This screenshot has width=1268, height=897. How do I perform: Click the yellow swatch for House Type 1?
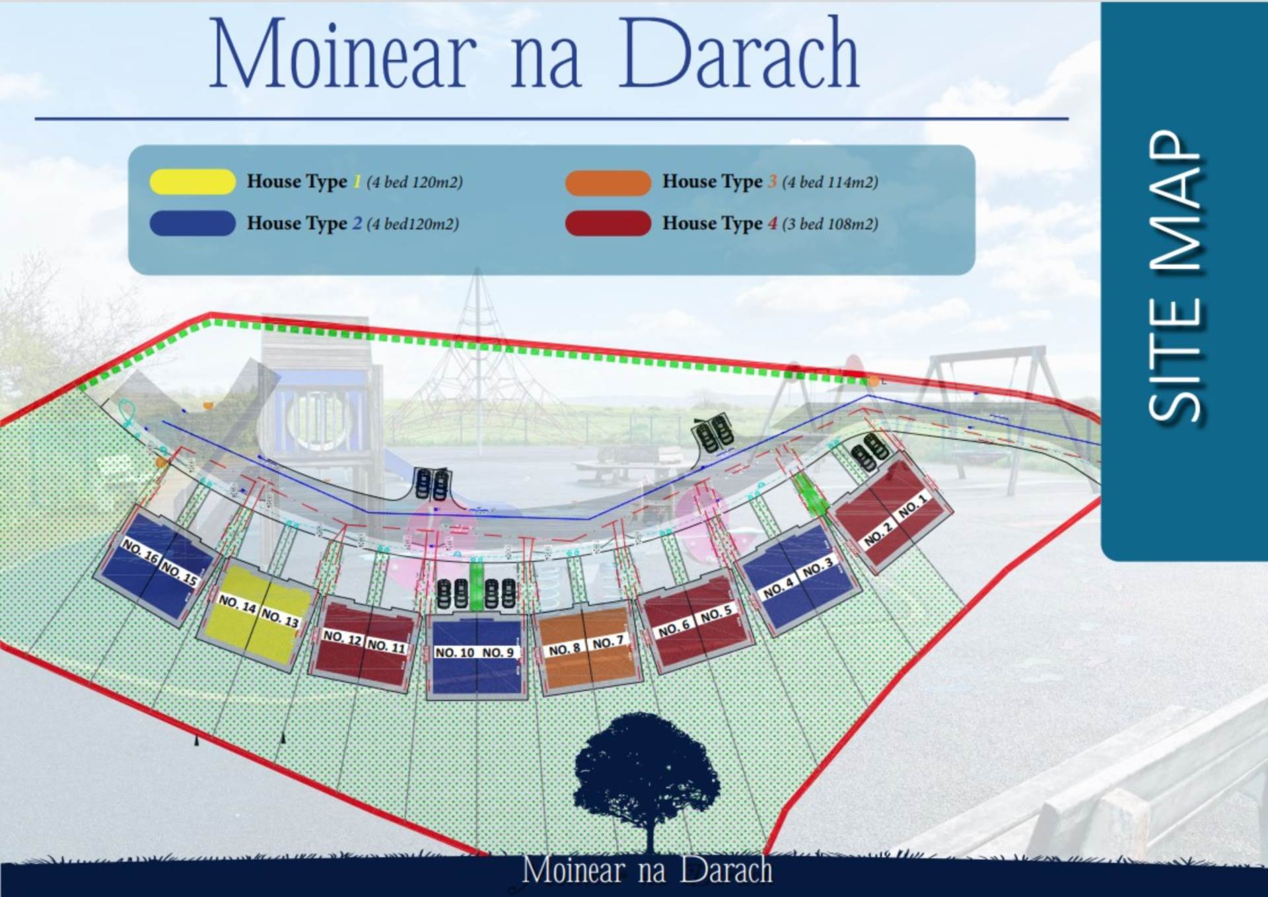pyautogui.click(x=192, y=182)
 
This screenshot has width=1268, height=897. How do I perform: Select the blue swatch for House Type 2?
pyautogui.click(x=192, y=223)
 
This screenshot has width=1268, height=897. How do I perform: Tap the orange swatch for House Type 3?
pyautogui.click(x=608, y=182)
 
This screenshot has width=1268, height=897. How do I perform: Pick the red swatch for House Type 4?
pyautogui.click(x=608, y=223)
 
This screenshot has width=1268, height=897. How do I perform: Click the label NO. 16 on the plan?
pyautogui.click(x=140, y=550)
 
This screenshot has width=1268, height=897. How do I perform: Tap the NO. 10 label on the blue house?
pyautogui.click(x=454, y=653)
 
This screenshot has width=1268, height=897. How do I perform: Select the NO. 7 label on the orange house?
pyautogui.click(x=608, y=642)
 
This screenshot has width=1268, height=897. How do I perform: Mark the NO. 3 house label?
pyautogui.click(x=818, y=567)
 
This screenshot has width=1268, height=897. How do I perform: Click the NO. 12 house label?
pyautogui.click(x=342, y=637)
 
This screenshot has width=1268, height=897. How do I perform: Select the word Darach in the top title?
pyautogui.click(x=738, y=54)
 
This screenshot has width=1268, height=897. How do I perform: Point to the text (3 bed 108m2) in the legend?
pyautogui.click(x=830, y=224)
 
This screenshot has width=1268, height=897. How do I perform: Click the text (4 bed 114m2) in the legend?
pyautogui.click(x=830, y=182)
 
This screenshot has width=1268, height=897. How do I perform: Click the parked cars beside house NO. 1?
pyautogui.click(x=869, y=452)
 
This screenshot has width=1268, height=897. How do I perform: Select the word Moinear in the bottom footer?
pyautogui.click(x=573, y=870)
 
